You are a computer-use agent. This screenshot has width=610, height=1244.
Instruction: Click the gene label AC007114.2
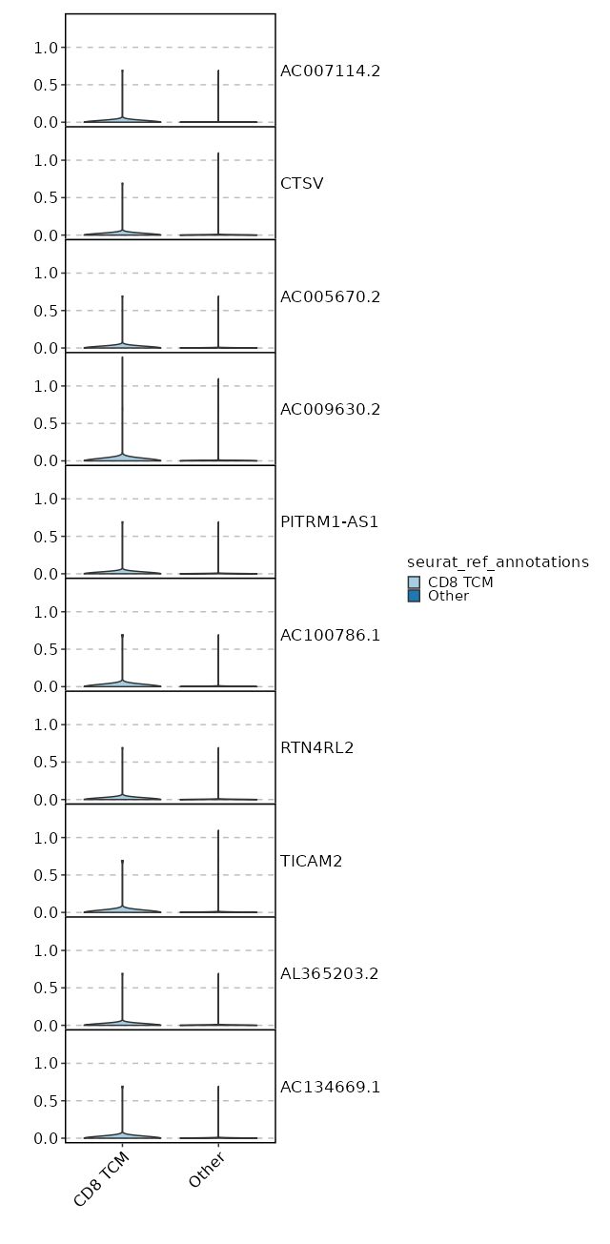330,71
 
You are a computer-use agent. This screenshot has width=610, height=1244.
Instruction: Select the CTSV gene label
301,183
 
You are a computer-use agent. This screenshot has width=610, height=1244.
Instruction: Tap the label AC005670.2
330,296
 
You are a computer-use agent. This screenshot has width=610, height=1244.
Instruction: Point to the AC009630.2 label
330,409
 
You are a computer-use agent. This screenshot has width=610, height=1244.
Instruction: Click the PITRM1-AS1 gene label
329,521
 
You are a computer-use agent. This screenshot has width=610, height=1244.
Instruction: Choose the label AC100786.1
330,635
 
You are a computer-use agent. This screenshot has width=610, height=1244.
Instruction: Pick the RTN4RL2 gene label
316,747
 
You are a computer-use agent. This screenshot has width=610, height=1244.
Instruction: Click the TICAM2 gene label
311,861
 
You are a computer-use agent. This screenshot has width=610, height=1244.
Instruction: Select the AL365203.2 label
329,973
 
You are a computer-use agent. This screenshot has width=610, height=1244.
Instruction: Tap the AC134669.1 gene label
330,1087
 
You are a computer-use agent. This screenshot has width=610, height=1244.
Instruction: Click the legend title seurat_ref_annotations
498,562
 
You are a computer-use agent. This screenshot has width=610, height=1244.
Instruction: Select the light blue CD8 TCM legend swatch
414,582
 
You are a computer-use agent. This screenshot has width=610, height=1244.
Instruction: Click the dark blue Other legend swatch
414,596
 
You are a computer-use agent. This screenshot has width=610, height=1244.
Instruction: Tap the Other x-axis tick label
207,1171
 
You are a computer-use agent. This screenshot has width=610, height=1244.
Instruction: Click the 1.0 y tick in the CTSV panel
47,160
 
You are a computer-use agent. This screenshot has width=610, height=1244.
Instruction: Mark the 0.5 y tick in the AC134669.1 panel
47,1101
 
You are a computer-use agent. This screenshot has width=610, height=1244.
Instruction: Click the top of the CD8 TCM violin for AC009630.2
122,357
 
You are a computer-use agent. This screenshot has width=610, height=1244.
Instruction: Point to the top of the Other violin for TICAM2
218,830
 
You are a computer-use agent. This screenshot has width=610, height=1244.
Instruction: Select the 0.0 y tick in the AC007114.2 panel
47,122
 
